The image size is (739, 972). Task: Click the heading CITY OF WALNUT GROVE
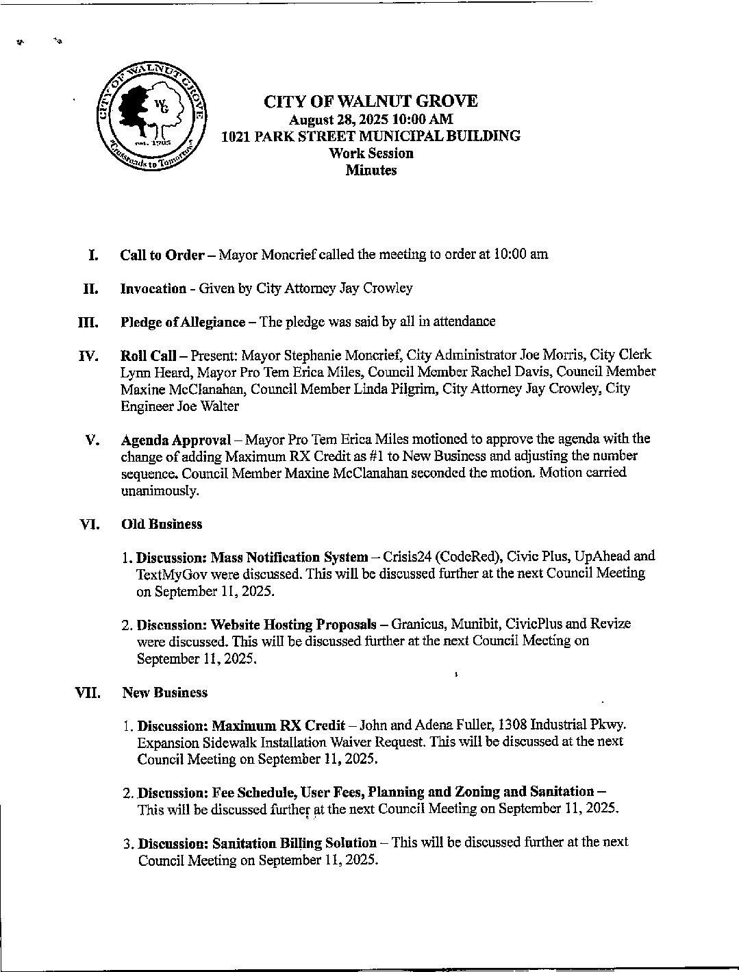tap(371, 101)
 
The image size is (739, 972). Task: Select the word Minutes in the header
tap(371, 171)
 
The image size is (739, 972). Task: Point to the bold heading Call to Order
tap(162, 255)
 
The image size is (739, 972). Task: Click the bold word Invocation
tap(153, 288)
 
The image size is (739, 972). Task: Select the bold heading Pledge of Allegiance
tap(182, 322)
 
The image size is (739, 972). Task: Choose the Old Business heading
tap(162, 525)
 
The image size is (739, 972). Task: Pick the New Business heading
tap(164, 693)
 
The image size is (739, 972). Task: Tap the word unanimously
tap(160, 491)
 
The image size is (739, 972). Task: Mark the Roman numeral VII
tap(88, 693)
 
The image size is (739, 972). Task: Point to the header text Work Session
tap(371, 153)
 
